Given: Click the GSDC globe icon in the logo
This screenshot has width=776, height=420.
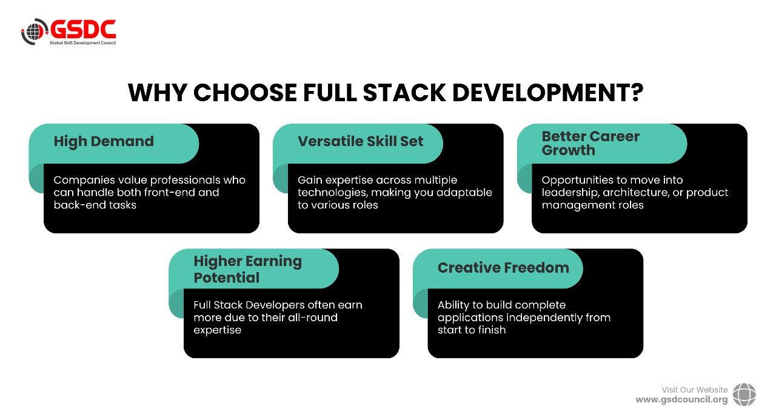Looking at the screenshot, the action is pyautogui.click(x=35, y=32).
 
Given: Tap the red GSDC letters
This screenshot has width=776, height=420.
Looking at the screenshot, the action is pyautogui.click(x=83, y=29).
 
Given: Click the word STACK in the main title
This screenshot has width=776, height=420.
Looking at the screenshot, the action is pyautogui.click(x=404, y=93).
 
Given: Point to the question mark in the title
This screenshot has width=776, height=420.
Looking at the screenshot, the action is pyautogui.click(x=637, y=93).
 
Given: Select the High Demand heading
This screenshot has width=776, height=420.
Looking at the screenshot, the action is pyautogui.click(x=104, y=142).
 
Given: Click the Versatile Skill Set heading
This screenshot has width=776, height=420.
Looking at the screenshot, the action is pyautogui.click(x=360, y=141).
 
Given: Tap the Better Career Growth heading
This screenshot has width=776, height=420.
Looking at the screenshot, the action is pyautogui.click(x=590, y=144).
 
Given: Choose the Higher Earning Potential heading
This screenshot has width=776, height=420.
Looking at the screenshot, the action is pyautogui.click(x=247, y=269).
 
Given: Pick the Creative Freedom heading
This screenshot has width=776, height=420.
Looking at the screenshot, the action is pyautogui.click(x=503, y=268).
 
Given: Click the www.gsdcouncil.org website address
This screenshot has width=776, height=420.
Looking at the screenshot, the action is pyautogui.click(x=681, y=400).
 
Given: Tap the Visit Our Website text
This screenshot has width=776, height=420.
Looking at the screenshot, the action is pyautogui.click(x=694, y=390).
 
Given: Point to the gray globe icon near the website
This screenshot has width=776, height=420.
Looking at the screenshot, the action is pyautogui.click(x=744, y=395).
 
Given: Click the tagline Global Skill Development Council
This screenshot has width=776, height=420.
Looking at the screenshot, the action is pyautogui.click(x=83, y=43).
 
